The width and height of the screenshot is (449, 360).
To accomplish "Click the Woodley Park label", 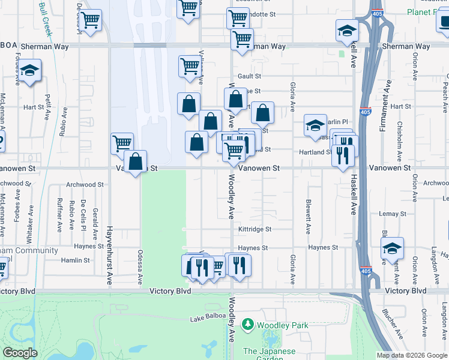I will pyautogui.click(x=282, y=325).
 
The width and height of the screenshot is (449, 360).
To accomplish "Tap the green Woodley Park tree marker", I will pyautogui.click(x=247, y=325).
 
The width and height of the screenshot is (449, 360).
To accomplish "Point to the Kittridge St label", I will pyautogui.click(x=255, y=229).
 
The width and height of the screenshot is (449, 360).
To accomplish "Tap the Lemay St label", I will pyautogui.click(x=393, y=214).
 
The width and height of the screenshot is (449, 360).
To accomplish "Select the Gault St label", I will pyautogui.click(x=249, y=76).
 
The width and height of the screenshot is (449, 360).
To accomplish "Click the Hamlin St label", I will pyautogui.click(x=76, y=260).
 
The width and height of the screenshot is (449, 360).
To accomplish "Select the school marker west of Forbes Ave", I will pyautogui.click(x=29, y=71).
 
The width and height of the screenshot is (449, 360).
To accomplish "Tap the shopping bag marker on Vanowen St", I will pyautogui.click(x=136, y=162).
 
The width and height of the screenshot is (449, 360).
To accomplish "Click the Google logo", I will pyautogui.click(x=20, y=353).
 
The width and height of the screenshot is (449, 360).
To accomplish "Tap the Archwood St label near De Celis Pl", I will pyautogui.click(x=85, y=185).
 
